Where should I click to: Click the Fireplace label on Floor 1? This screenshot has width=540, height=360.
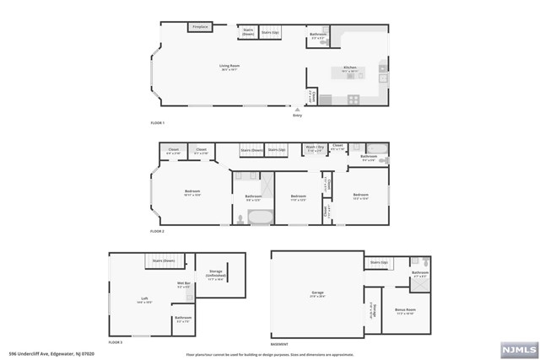pyautogui.click(x=199, y=27)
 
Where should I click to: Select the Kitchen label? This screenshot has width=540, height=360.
pyautogui.click(x=350, y=67)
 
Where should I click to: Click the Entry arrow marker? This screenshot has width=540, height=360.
pyautogui.click(x=296, y=109)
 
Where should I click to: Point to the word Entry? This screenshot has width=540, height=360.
pyautogui.click(x=297, y=116)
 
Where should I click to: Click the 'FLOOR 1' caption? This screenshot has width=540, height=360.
pyautogui.click(x=157, y=124)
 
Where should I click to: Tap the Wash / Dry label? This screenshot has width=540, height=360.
pyautogui.click(x=314, y=147)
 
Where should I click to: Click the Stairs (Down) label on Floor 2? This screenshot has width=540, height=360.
pyautogui.click(x=251, y=149)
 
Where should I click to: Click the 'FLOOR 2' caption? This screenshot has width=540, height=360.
pyautogui.click(x=157, y=230)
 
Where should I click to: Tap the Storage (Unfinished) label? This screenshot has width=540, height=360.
pyautogui.click(x=216, y=273)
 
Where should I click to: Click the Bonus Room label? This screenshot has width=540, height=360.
pyautogui.click(x=405, y=310)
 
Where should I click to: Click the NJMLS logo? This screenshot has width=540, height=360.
pyautogui.click(x=517, y=348)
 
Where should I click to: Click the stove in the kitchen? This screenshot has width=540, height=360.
pyautogui.click(x=353, y=99)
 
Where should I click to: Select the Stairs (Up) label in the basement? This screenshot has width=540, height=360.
pyautogui.click(x=378, y=262)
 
